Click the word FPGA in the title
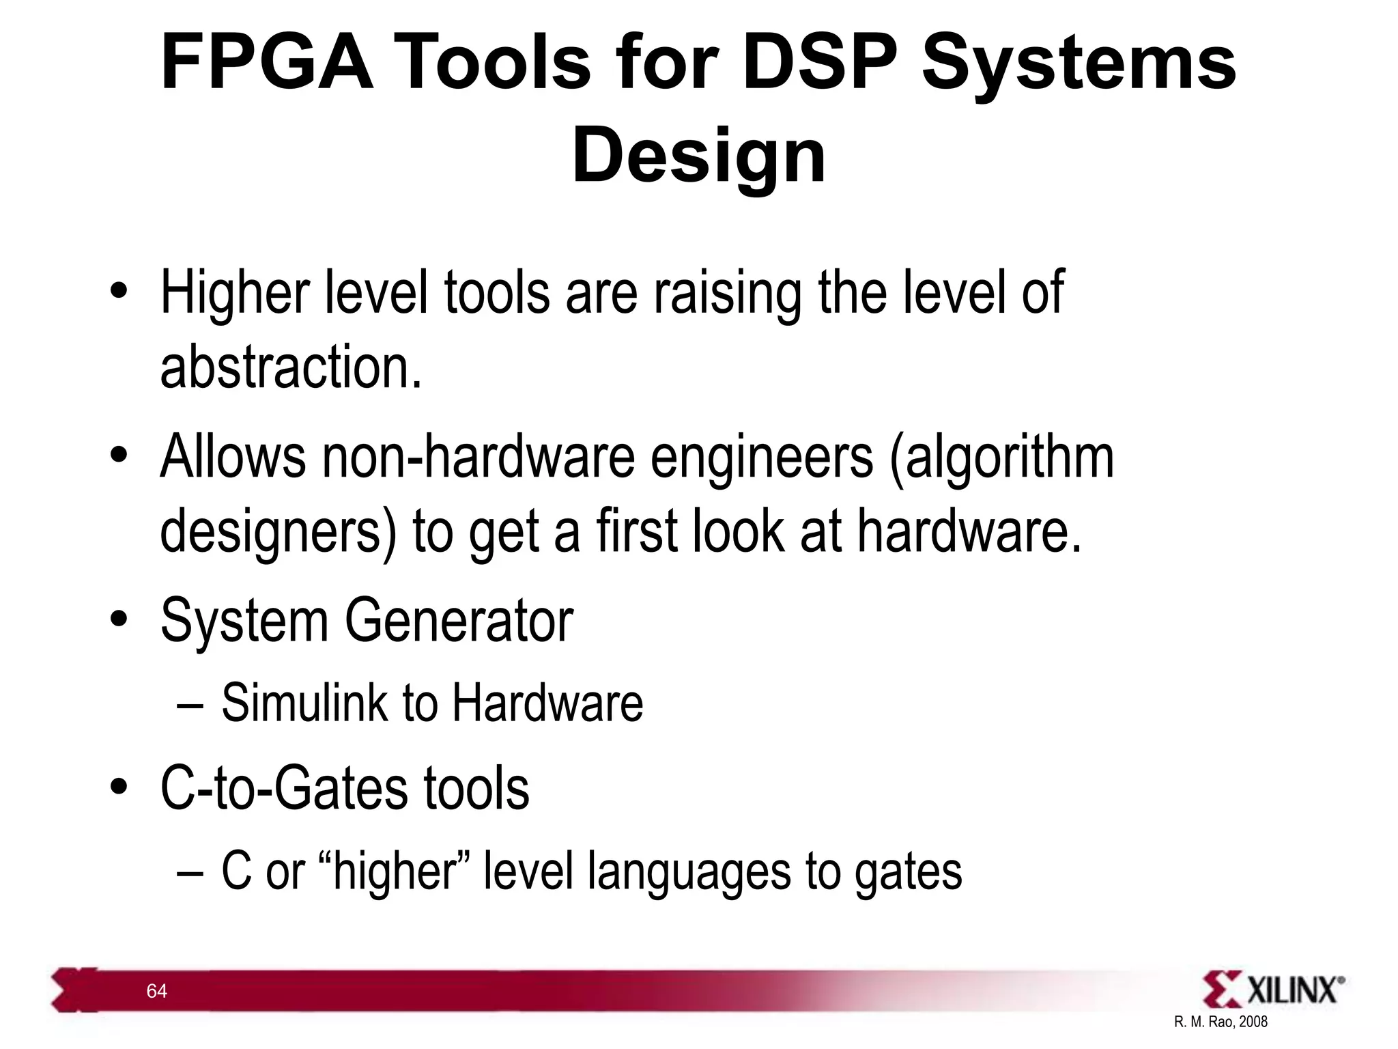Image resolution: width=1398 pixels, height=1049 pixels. click(x=267, y=63)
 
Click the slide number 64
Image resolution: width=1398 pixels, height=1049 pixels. click(x=157, y=991)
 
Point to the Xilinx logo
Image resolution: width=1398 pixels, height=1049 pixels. click(x=1273, y=990)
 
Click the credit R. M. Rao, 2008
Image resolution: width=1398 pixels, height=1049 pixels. click(x=1221, y=1022)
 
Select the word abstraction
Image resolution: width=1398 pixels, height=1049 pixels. click(x=291, y=367)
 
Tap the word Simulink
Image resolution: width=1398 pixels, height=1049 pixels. click(x=304, y=703)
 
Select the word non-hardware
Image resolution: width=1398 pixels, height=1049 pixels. click(x=479, y=457)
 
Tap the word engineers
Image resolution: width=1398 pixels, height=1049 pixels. click(x=761, y=458)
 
